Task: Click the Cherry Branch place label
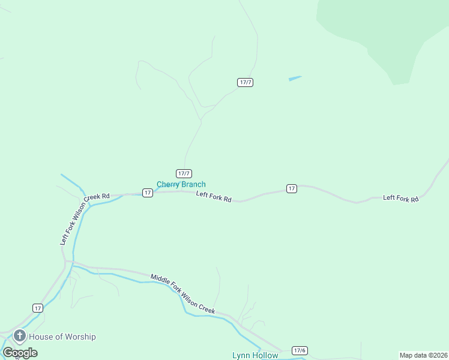(x=181, y=184)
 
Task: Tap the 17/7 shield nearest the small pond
(x=245, y=82)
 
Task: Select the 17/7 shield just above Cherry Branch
(x=184, y=173)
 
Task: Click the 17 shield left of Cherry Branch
(x=147, y=193)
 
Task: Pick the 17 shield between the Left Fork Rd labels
(x=291, y=188)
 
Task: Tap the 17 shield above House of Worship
(x=38, y=308)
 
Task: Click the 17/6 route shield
(x=300, y=350)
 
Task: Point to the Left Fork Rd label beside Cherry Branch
(x=214, y=196)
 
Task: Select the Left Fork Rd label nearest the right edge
(x=400, y=198)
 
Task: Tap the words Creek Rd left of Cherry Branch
(x=97, y=197)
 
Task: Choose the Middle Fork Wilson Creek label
(x=182, y=293)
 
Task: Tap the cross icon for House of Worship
(x=20, y=336)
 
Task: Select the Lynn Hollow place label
(x=255, y=355)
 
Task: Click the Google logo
(x=20, y=353)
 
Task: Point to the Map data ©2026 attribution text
(x=423, y=355)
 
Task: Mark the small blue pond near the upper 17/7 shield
(x=294, y=78)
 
